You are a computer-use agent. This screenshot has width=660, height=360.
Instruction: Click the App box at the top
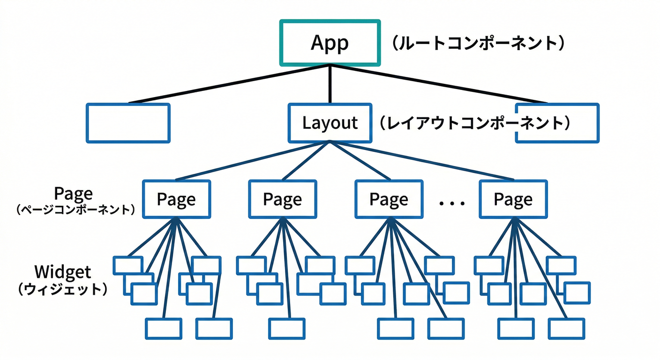(330, 43)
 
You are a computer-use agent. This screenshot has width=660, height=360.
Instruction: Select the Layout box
(330, 123)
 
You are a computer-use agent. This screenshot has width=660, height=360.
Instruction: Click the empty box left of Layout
(128, 123)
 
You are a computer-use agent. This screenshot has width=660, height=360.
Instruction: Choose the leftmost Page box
(176, 199)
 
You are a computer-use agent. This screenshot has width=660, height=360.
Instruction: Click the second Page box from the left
(282, 199)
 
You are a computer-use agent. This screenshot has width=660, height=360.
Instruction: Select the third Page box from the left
(389, 199)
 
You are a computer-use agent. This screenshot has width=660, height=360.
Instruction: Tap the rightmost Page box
(513, 199)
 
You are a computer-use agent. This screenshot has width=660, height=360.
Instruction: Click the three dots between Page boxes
(452, 203)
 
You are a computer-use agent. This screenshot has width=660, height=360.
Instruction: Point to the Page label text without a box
(74, 193)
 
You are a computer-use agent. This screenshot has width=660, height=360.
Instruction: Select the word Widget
(63, 271)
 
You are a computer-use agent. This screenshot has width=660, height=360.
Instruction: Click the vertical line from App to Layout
(330, 84)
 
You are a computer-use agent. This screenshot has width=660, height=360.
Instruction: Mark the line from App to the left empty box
(230, 84)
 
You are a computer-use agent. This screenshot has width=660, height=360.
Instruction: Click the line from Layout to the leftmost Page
(253, 160)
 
